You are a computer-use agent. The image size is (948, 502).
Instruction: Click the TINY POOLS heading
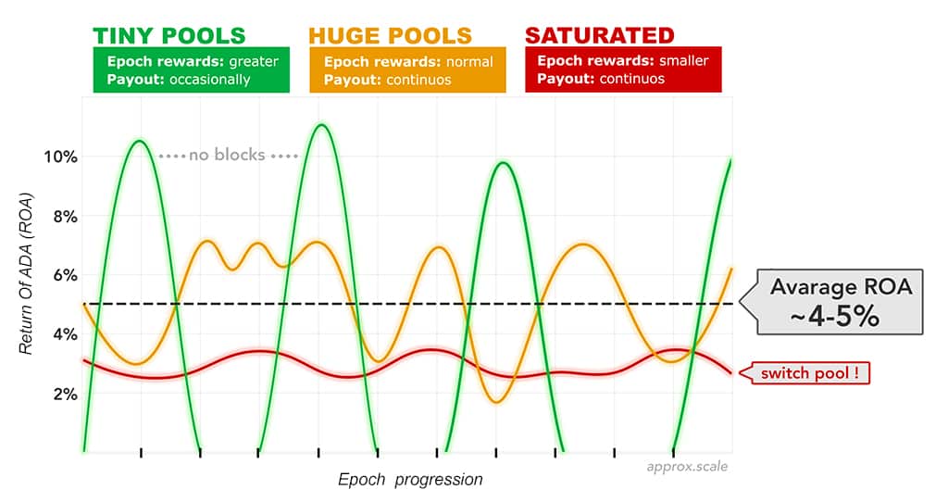click(x=169, y=36)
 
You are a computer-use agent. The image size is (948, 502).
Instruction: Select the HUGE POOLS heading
click(x=390, y=36)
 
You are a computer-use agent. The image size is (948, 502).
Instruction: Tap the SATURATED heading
click(x=600, y=35)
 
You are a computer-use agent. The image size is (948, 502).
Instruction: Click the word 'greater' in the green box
click(x=254, y=62)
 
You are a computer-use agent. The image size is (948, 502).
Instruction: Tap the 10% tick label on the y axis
click(x=60, y=157)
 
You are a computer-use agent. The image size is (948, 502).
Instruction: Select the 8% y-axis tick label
click(x=66, y=216)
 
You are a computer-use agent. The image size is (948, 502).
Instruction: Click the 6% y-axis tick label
click(x=66, y=275)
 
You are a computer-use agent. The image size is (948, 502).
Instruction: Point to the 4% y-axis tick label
click(x=66, y=334)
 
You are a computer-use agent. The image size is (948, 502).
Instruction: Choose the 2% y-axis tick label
click(x=66, y=395)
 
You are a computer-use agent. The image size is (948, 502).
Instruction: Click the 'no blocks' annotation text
click(x=228, y=155)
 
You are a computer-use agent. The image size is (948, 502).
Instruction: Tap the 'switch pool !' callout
click(x=805, y=373)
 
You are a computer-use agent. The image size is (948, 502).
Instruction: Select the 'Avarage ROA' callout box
click(x=832, y=302)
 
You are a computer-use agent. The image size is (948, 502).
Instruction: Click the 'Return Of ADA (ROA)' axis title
click(x=26, y=274)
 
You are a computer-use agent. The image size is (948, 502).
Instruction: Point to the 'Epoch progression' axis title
click(x=410, y=480)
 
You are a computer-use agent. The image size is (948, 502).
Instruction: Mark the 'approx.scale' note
click(x=688, y=466)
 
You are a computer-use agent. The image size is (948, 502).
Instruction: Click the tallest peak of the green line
click(x=321, y=125)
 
